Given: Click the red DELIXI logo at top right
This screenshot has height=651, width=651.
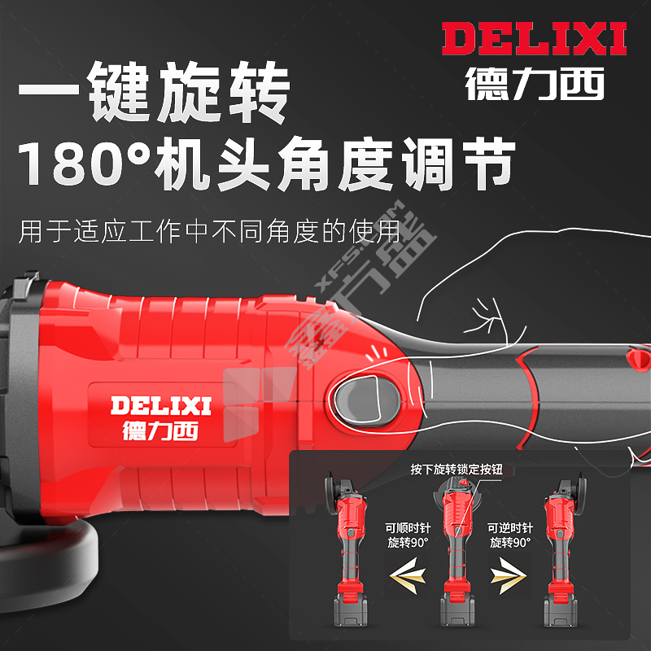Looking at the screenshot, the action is click(x=534, y=38).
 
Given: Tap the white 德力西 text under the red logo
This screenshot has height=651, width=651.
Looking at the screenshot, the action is click(x=535, y=84).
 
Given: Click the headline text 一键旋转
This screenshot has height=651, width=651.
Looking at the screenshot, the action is click(x=154, y=92).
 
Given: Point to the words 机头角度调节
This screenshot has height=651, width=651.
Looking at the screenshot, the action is click(x=334, y=164).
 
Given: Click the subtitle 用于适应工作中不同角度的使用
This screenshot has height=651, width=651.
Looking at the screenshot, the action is click(x=209, y=231).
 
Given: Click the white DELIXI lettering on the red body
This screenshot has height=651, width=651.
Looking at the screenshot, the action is click(x=161, y=405).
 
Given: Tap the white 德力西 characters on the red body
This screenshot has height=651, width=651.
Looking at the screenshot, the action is click(x=160, y=431).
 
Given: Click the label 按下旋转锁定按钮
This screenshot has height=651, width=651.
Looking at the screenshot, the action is click(x=457, y=470).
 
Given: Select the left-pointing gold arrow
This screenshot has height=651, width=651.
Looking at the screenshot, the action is click(x=408, y=575).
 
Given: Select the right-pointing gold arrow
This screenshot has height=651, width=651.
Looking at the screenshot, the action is click(x=509, y=575).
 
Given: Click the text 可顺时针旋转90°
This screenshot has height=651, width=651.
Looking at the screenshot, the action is click(x=408, y=535).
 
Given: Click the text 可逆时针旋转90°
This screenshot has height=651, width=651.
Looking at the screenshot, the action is click(x=510, y=535).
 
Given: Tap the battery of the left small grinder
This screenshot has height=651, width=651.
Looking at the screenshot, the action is click(x=351, y=609).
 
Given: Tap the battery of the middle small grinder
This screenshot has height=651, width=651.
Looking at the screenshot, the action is click(x=457, y=609).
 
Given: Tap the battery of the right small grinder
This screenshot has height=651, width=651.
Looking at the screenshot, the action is click(x=561, y=609).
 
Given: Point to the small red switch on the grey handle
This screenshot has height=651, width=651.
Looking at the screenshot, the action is click(x=639, y=359).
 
